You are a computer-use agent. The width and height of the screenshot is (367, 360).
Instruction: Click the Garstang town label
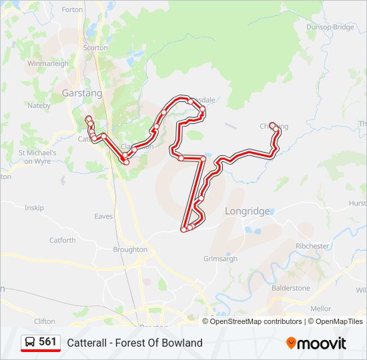pyautogui.click(x=82, y=93)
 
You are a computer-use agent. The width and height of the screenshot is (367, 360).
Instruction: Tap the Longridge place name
pyautogui.click(x=247, y=211)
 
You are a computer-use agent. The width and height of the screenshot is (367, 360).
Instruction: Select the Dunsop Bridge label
pyautogui.click(x=330, y=27)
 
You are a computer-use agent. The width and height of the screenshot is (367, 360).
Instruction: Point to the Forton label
pyautogui.click(x=72, y=10)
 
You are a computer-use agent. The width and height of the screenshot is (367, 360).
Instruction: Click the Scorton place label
pyautogui.click(x=95, y=48)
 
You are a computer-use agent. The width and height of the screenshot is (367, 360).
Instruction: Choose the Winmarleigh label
pyautogui.click(x=47, y=63)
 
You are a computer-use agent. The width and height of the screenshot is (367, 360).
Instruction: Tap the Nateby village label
pyautogui.click(x=39, y=105)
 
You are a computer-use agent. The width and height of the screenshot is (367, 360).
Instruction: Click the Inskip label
pyautogui.click(x=34, y=208)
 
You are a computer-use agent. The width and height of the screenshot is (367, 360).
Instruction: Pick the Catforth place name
pyautogui.click(x=62, y=240)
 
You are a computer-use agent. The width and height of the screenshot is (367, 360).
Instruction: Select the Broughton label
pyautogui.click(x=130, y=249)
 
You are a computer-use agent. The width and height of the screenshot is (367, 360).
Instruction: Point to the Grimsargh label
pyautogui.click(x=220, y=258)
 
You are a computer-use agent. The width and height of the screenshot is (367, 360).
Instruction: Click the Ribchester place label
pyautogui.click(x=312, y=246)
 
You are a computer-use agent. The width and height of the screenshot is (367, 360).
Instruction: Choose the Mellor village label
pyautogui.click(x=320, y=309)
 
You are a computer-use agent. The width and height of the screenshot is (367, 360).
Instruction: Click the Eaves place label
pyautogui.click(x=103, y=216)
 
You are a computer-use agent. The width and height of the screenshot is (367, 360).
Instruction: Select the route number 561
pyautogui.click(x=47, y=342)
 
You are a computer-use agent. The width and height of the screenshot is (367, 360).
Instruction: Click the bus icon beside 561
pyautogui.click(x=30, y=342)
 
